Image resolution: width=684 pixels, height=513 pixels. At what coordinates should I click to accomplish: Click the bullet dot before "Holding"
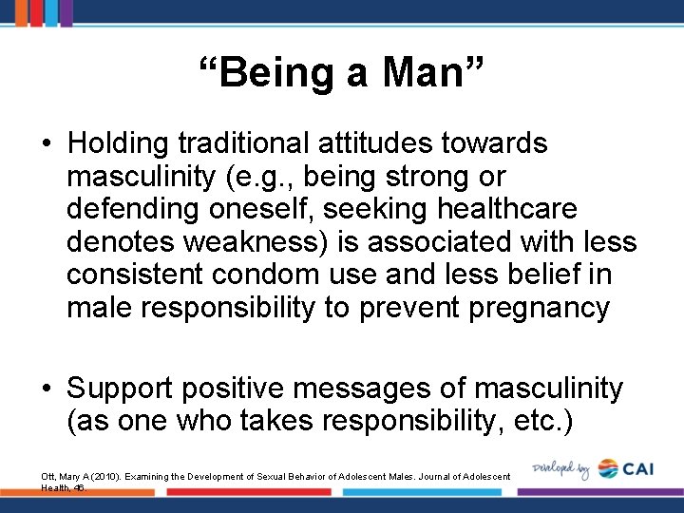coord(47,144)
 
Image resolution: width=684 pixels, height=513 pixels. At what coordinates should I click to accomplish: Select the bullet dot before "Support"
coord(47,389)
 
